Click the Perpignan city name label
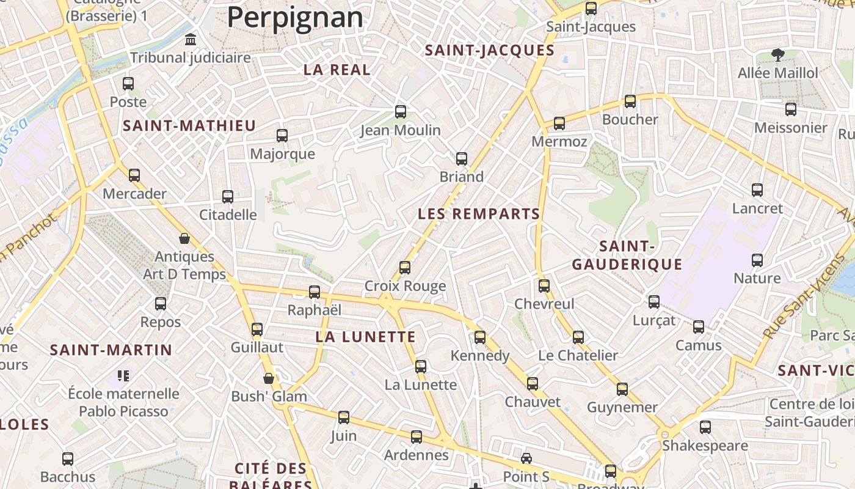(295, 17)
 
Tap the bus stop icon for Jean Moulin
(401, 112)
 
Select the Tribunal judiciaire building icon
(191, 40)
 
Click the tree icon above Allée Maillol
(777, 55)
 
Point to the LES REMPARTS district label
(479, 214)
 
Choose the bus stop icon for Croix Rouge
(405, 268)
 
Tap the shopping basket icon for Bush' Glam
(269, 378)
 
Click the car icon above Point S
(526, 458)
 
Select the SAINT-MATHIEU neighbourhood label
(189, 126)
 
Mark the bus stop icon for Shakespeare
(705, 427)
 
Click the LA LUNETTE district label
(366, 337)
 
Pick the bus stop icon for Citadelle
(228, 197)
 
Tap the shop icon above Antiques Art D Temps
(184, 238)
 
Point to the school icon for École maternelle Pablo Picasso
(123, 375)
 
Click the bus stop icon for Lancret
(757, 190)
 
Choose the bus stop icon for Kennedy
(480, 337)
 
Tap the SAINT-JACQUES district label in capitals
(489, 50)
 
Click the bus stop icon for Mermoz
(559, 123)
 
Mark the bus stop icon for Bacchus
(68, 458)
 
